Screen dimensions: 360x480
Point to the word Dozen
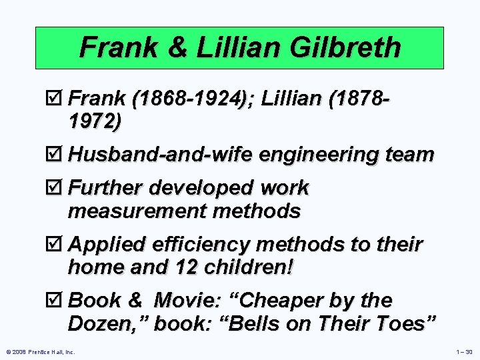click(x=106, y=323)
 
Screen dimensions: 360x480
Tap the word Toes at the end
click(x=409, y=323)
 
